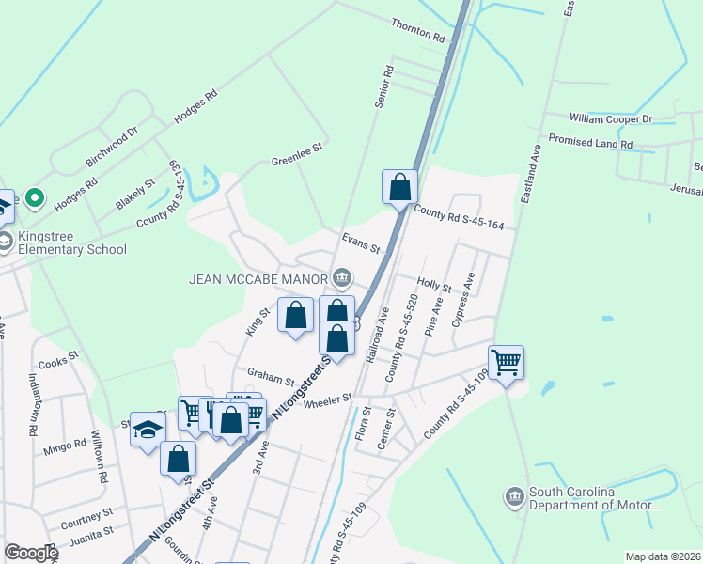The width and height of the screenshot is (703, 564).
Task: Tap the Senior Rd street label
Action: (383, 87)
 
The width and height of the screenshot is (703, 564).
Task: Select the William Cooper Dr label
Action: (611, 119)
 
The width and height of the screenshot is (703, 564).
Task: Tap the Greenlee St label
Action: (297, 153)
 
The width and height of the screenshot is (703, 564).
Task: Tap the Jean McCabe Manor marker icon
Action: (342, 277)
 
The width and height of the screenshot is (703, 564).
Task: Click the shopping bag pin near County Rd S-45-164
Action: (399, 185)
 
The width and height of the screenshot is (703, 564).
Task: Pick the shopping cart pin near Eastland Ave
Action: (506, 361)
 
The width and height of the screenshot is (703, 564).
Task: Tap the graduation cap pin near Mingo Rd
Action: (148, 430)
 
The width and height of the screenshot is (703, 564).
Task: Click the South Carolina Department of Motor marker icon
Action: (513, 495)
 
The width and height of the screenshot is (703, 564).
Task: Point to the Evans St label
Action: (361, 244)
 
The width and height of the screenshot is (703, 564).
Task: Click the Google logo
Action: (30, 553)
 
